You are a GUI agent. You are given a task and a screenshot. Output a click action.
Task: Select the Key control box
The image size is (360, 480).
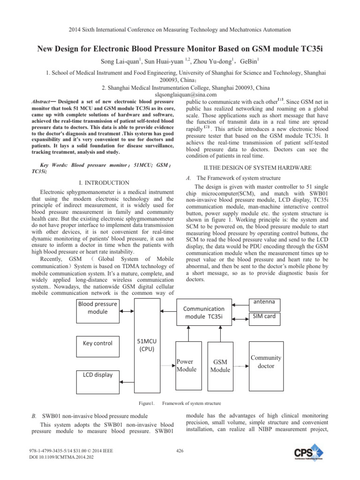point(97,343)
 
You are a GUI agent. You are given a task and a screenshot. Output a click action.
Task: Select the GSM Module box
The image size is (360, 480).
point(220,366)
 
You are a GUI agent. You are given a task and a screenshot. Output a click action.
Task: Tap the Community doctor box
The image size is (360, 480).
point(266,361)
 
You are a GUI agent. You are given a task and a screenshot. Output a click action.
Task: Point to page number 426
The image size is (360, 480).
point(180,451)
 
